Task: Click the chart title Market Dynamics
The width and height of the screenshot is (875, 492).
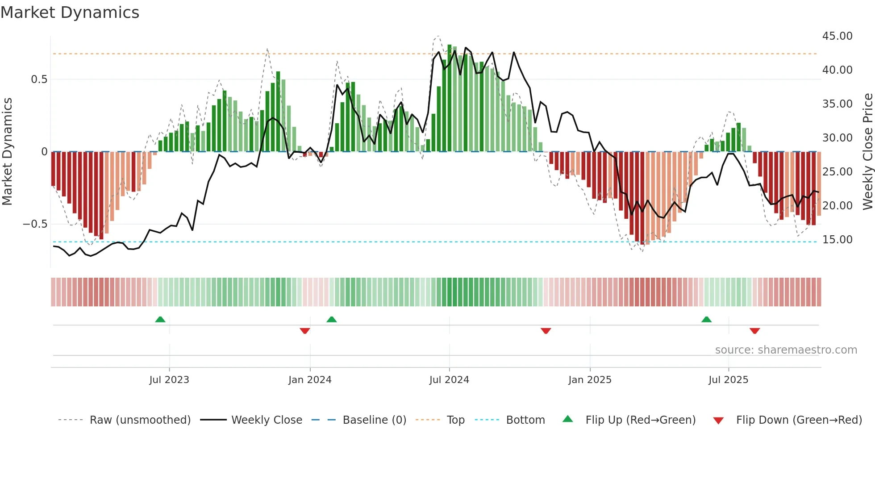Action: (70, 13)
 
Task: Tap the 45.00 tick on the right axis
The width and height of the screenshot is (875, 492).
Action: (837, 36)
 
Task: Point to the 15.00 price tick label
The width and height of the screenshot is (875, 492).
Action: (837, 240)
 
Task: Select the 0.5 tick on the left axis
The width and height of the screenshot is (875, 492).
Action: (39, 79)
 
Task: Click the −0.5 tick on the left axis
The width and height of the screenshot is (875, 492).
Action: (35, 224)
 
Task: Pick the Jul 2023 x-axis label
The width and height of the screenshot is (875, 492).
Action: (169, 380)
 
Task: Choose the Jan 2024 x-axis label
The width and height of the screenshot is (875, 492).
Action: (310, 380)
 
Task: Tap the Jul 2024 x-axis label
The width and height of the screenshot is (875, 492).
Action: (449, 380)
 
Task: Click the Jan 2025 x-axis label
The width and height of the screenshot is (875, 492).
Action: (590, 380)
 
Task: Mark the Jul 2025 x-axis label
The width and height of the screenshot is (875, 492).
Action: (728, 380)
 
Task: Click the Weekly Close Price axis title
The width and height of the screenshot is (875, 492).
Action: (867, 152)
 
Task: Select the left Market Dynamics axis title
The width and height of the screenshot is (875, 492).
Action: (7, 152)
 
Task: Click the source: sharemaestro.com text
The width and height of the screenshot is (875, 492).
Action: (786, 350)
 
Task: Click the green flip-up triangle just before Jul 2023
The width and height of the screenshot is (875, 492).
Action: (160, 319)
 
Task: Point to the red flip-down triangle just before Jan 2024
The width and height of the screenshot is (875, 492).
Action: (305, 331)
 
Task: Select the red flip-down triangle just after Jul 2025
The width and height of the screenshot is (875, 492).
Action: (754, 331)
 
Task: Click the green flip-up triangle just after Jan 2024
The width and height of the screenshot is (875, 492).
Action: (331, 319)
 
